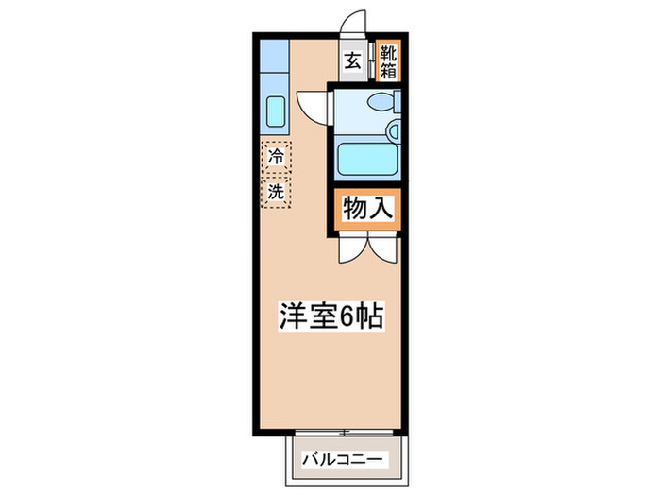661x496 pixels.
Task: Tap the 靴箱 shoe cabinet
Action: tap(388, 61)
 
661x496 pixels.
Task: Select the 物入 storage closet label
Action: tap(367, 211)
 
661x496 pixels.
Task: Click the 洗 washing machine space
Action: tap(277, 191)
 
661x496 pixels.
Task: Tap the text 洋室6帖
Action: tap(330, 316)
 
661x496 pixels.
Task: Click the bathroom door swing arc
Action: tap(312, 106)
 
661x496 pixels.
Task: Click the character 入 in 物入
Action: tap(381, 211)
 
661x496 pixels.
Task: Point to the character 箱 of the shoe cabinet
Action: tap(388, 70)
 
